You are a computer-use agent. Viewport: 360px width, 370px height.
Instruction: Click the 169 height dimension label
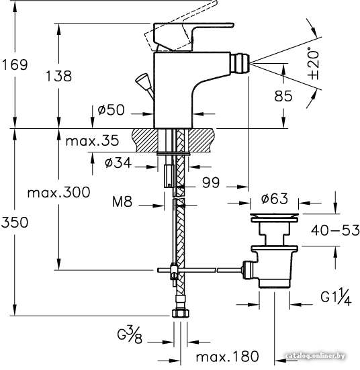tap(15, 64)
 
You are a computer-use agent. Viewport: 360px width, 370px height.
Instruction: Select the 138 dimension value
tap(58, 77)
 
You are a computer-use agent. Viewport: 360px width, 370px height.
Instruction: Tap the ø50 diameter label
tap(111, 109)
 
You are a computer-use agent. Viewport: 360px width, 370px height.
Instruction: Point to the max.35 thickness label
tap(92, 141)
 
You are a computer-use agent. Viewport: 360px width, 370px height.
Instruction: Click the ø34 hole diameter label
tap(118, 163)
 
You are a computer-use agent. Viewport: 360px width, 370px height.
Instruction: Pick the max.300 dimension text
tap(59, 192)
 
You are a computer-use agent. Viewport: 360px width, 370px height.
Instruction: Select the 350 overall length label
tap(15, 222)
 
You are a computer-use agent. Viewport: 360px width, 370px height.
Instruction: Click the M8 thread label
tap(122, 202)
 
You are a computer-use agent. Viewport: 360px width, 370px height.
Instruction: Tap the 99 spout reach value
tap(211, 183)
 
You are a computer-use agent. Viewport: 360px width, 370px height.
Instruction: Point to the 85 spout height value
tap(283, 96)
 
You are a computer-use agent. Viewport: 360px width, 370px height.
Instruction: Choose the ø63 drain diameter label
tap(275, 199)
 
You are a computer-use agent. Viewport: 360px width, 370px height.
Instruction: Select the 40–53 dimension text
tap(335, 230)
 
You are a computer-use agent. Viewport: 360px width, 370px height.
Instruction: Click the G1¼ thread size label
tap(336, 297)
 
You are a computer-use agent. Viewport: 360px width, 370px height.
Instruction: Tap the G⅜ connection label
tap(130, 335)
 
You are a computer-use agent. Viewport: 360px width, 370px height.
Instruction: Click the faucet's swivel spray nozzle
tap(240, 63)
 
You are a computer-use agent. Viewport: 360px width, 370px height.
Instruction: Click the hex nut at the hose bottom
tap(181, 314)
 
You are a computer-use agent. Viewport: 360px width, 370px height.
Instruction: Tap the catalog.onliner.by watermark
tap(315, 356)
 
